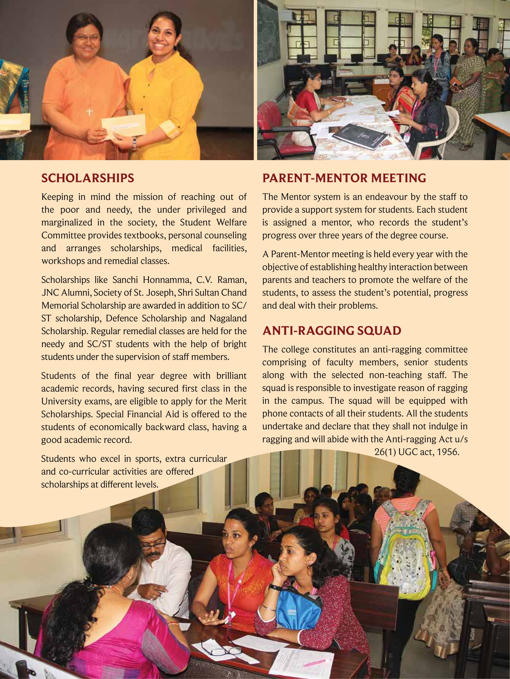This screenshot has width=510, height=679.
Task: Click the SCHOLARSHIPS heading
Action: pyautogui.click(x=88, y=178)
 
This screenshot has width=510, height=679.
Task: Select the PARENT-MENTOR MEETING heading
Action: pyautogui.click(x=344, y=178)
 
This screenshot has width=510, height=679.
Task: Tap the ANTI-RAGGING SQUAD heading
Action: pyautogui.click(x=331, y=330)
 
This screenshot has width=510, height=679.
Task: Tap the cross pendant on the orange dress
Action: pyautogui.click(x=89, y=111)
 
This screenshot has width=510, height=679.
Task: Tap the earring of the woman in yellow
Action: pyautogui.click(x=175, y=49)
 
